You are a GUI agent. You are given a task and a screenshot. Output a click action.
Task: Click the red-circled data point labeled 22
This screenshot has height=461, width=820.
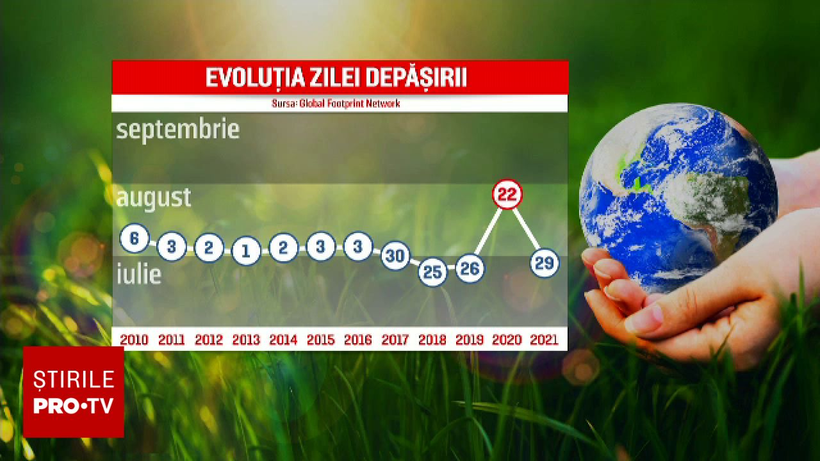507,194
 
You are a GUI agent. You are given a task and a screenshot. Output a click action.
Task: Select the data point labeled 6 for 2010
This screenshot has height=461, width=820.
135,238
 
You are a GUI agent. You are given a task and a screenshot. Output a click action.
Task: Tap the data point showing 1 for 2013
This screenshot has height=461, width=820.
246,250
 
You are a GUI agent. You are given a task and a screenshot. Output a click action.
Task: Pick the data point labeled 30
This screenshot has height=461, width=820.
395,255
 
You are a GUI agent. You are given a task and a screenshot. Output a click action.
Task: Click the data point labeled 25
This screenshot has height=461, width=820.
432,271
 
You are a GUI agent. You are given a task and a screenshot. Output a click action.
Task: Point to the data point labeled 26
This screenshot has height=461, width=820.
470,268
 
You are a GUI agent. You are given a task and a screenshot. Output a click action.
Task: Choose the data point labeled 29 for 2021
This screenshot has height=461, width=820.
545,263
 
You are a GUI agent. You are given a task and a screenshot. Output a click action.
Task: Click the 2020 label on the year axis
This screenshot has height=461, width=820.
507,340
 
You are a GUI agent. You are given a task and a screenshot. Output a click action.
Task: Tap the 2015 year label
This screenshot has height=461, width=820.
321,340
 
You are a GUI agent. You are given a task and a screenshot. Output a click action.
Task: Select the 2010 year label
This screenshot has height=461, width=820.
134,340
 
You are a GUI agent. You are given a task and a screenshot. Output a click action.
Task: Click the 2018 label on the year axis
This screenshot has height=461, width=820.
432,340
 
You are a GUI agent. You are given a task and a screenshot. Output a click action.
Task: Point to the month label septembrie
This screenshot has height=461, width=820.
178,129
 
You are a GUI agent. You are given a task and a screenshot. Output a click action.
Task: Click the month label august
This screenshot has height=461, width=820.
154,198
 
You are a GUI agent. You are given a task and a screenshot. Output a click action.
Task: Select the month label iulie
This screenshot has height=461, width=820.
139,275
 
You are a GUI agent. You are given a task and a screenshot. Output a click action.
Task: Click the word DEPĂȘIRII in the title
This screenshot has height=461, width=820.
416,77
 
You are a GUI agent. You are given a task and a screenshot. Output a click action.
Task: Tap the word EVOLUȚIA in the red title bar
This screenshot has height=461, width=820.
255,77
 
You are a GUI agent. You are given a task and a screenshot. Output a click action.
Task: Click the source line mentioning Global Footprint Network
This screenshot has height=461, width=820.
336,104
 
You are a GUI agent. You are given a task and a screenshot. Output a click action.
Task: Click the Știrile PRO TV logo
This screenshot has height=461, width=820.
74,392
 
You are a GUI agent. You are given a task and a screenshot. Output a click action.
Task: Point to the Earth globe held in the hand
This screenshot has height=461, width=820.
678,198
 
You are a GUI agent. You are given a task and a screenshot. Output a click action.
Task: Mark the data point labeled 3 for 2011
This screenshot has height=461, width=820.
172,247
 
